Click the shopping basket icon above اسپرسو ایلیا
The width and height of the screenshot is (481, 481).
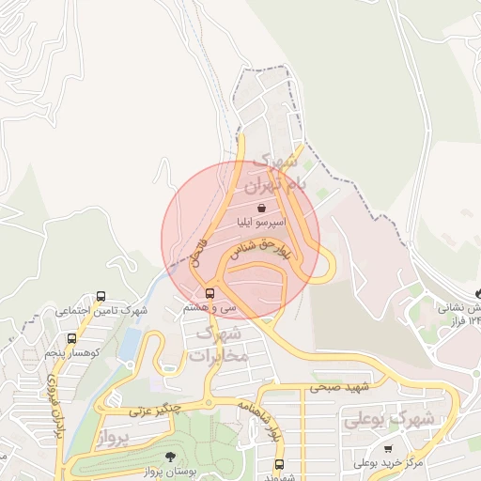coord(260,209)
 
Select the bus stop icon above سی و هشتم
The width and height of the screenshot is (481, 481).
coord(209,292)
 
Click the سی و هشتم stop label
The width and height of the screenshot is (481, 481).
coord(209,307)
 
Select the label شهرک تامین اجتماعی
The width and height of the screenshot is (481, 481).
coord(101,309)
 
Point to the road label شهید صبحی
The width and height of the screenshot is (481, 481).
coord(341,386)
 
